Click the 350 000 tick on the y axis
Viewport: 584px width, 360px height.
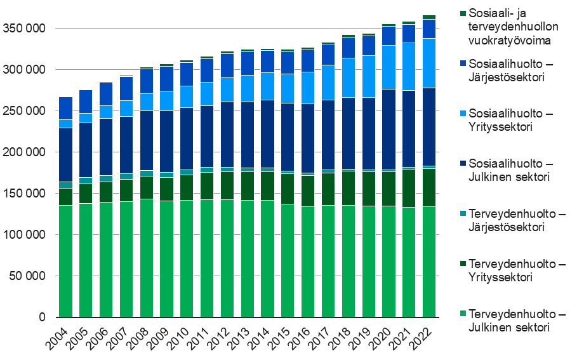coord(24,29)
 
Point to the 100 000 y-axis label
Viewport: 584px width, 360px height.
coord(24,235)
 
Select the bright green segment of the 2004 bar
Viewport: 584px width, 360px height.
coord(65,261)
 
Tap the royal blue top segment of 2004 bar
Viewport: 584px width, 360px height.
coord(65,108)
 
